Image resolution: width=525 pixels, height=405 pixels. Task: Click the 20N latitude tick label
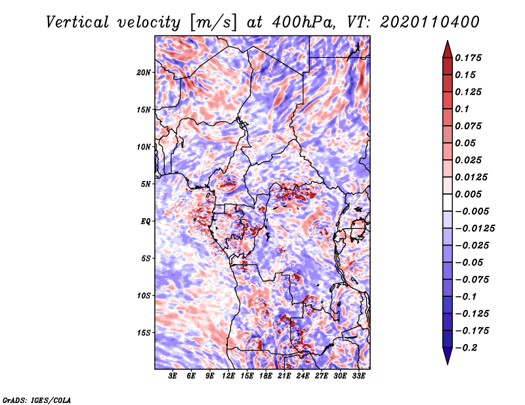click(144, 72)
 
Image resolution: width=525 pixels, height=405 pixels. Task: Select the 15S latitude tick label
click(144, 332)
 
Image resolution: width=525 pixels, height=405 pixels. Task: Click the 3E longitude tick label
click(173, 377)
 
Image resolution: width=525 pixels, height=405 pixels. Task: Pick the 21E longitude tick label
click(284, 377)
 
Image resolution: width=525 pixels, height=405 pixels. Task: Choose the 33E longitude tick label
click(358, 377)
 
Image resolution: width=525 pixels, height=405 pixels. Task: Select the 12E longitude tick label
click(228, 377)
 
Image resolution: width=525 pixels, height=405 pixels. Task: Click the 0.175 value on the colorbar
click(470, 58)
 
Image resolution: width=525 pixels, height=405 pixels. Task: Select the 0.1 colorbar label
click(463, 109)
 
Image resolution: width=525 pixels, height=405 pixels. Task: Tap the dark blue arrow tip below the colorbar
click(446, 359)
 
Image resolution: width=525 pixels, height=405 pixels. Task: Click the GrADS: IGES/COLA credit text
click(36, 399)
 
